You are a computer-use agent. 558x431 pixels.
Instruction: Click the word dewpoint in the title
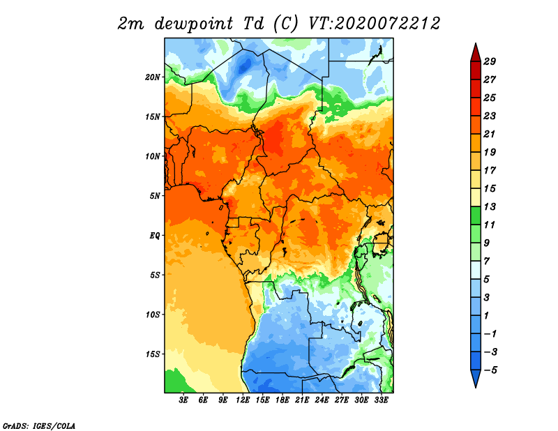[193, 24]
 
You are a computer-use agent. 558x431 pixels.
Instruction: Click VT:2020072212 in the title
[374, 24]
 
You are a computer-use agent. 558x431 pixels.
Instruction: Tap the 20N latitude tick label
[153, 77]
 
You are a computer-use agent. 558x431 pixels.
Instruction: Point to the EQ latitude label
[155, 236]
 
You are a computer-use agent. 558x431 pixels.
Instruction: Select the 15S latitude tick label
[153, 354]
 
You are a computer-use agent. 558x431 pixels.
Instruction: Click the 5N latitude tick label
[155, 196]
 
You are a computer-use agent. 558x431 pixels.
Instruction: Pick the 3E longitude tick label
[183, 400]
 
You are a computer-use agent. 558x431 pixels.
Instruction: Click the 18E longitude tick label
[282, 400]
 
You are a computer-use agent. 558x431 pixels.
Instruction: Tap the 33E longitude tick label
[381, 400]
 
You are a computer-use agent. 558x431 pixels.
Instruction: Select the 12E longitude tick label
[243, 400]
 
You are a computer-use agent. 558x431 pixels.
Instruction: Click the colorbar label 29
[490, 61]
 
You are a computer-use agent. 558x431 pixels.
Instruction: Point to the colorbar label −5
[490, 370]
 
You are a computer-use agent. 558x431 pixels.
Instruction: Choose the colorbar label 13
[490, 206]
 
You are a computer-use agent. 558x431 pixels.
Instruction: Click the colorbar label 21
[490, 134]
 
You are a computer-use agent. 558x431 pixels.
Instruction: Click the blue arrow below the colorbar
[476, 377]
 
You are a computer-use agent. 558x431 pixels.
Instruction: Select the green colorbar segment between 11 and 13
[476, 215]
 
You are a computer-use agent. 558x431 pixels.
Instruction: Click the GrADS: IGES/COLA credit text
[39, 425]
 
